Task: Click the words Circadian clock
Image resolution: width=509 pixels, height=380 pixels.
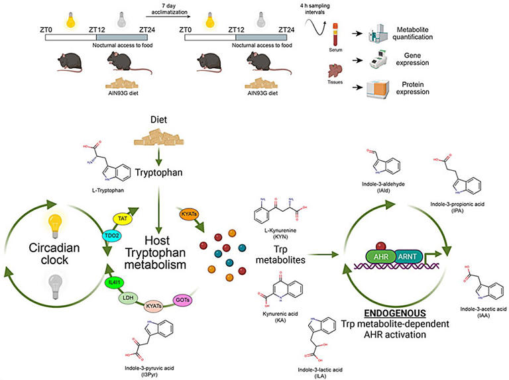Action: point(64,252)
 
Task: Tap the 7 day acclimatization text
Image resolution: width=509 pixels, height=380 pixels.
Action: point(163,9)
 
